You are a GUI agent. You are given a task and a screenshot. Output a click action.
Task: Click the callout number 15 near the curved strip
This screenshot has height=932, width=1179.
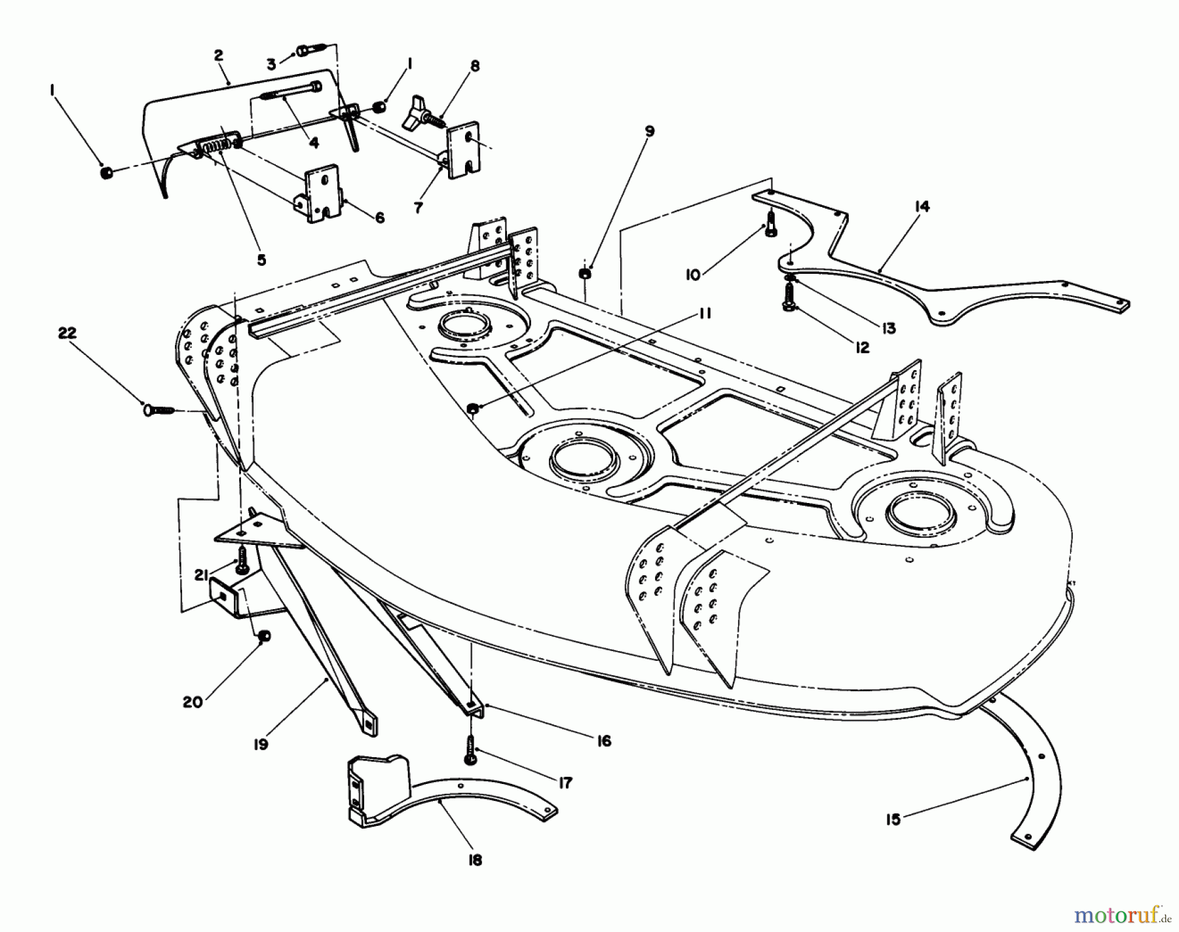tap(893, 819)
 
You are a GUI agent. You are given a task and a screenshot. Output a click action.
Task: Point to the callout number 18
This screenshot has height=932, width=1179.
tap(475, 860)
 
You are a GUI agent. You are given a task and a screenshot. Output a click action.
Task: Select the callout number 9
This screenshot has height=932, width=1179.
tap(648, 132)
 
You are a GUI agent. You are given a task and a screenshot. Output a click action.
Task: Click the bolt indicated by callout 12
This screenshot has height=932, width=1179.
tap(789, 301)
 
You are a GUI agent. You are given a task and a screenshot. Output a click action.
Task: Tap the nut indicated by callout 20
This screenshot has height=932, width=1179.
tap(264, 637)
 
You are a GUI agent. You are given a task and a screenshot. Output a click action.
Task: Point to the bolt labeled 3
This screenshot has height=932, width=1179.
tap(310, 50)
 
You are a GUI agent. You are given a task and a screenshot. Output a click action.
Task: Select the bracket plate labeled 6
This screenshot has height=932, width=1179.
tap(322, 193)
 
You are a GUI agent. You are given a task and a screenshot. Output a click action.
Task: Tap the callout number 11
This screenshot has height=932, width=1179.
tap(704, 314)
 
